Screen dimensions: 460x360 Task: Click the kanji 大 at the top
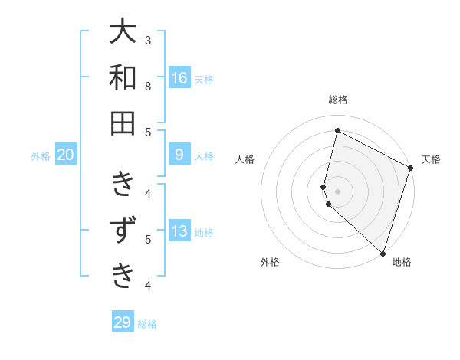(123, 33)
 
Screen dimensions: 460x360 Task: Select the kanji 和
(123, 77)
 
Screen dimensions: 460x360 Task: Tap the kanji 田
(123, 123)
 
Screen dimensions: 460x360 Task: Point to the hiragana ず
(123, 230)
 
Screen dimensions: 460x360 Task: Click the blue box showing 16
(179, 77)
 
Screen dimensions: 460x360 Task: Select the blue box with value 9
(179, 155)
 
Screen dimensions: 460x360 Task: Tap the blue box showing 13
(179, 232)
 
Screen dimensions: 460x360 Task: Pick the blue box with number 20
(66, 155)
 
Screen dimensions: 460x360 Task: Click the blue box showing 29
(123, 322)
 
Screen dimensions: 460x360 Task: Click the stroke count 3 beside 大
(148, 40)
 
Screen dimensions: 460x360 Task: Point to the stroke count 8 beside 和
(148, 86)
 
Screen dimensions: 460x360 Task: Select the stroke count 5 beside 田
(148, 132)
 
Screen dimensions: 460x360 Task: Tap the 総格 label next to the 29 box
(148, 324)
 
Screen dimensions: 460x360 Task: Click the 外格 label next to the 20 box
(41, 156)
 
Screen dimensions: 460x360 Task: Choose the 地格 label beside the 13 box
(204, 233)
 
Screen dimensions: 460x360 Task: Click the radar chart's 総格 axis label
(337, 100)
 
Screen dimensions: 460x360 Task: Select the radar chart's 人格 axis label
(245, 159)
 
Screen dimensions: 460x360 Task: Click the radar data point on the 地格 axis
(383, 253)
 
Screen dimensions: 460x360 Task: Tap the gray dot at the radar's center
(337, 191)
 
